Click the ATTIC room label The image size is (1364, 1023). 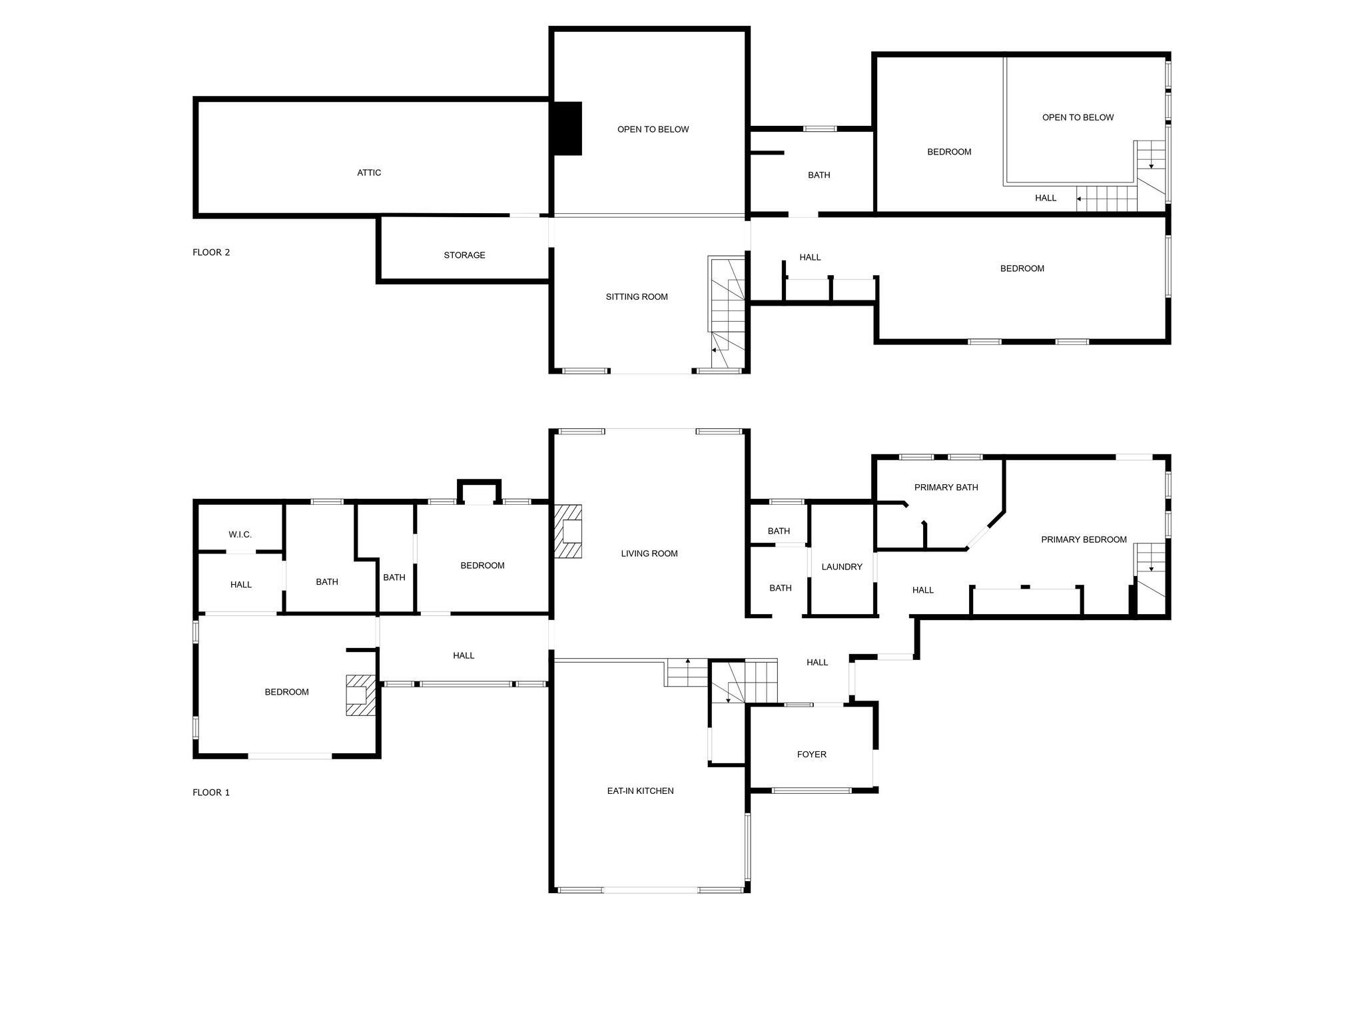(369, 172)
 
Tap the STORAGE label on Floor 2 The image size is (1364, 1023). (464, 255)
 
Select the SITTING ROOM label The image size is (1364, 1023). (636, 297)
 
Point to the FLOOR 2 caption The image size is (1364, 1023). (211, 252)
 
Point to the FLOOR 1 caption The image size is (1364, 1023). (211, 793)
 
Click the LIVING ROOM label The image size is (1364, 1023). (649, 553)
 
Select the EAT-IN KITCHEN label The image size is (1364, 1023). (640, 791)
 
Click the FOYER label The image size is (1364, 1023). (811, 755)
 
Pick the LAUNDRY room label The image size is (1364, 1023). (842, 567)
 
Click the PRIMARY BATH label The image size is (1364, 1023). (946, 488)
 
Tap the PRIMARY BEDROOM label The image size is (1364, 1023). (1084, 539)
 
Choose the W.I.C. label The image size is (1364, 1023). (240, 535)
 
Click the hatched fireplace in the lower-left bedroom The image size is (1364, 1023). (360, 695)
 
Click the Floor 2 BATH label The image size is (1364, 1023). (819, 175)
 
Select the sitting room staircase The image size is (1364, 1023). (727, 312)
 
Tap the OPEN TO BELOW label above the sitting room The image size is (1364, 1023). (653, 129)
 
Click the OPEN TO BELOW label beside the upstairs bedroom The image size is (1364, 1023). (1078, 117)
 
